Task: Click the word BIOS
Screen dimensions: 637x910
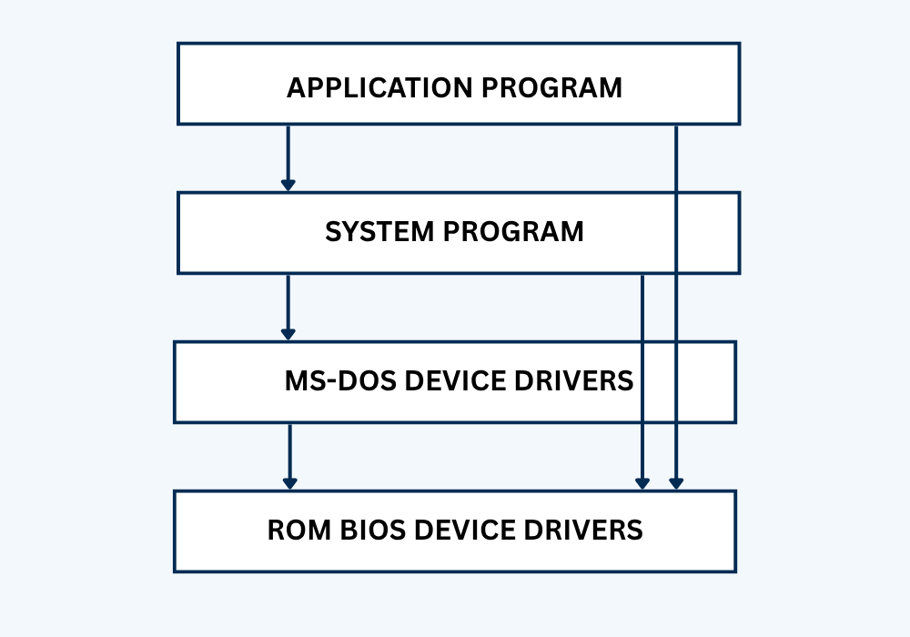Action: pos(364,530)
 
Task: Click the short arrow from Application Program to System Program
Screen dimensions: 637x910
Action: pos(288,155)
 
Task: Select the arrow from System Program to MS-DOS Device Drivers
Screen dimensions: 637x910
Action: pos(288,305)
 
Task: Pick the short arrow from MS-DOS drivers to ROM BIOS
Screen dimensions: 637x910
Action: pos(289,453)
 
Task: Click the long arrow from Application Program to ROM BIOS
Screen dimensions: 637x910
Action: pos(676,309)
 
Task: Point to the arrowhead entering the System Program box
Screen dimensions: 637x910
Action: pos(288,185)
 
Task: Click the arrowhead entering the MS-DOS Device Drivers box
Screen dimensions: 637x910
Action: pos(288,334)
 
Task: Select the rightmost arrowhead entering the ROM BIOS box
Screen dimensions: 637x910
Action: pos(676,483)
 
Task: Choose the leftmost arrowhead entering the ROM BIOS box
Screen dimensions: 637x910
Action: pos(289,483)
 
